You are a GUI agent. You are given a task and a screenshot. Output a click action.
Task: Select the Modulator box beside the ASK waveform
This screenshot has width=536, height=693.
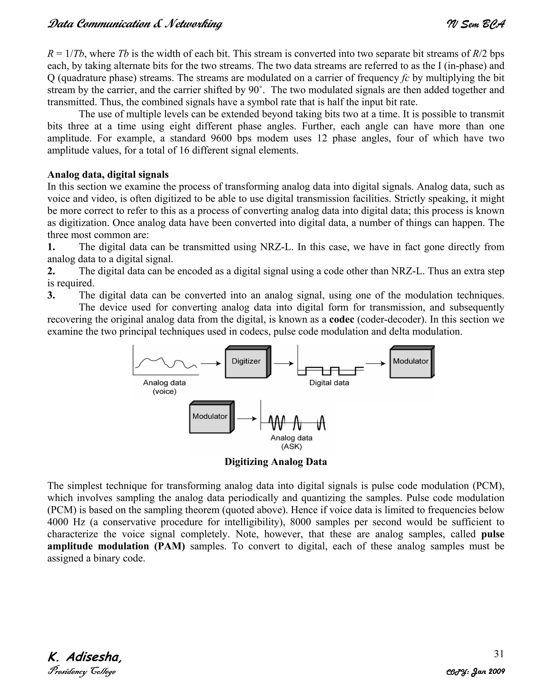pyautogui.click(x=210, y=418)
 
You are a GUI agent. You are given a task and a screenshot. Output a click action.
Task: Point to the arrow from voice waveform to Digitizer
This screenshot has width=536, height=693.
pyautogui.click(x=211, y=364)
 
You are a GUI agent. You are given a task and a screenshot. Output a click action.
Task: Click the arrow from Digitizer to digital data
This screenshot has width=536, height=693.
pyautogui.click(x=283, y=364)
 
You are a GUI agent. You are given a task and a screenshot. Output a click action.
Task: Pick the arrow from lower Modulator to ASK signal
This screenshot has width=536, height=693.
pyautogui.click(x=247, y=419)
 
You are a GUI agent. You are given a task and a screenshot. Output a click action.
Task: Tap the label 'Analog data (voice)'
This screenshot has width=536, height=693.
pyautogui.click(x=164, y=387)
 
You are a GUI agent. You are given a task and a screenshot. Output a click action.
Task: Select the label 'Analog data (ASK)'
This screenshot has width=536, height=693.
pyautogui.click(x=291, y=442)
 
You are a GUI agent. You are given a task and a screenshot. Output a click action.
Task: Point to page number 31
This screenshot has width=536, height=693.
pyautogui.click(x=499, y=654)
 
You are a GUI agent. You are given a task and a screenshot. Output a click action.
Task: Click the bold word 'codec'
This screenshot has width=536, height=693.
pyautogui.click(x=342, y=319)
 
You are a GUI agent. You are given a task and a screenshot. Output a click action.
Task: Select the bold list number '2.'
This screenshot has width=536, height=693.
pyautogui.click(x=51, y=271)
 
